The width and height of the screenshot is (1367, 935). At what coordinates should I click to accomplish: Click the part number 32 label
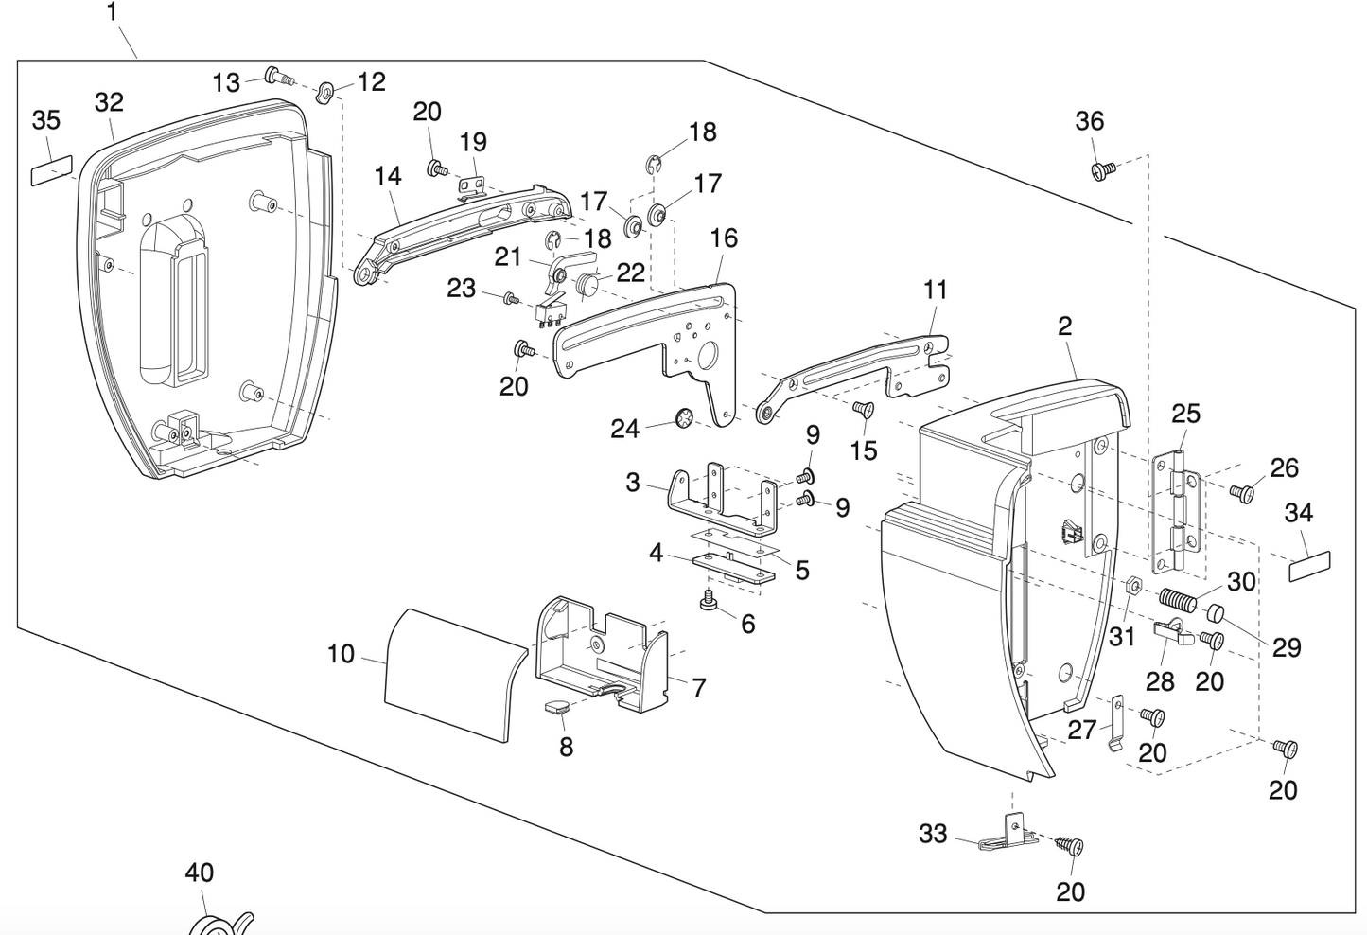coord(110,102)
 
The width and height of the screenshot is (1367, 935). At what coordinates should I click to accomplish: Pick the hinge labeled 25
coord(1179,511)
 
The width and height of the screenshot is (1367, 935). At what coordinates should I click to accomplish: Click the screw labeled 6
coord(707,601)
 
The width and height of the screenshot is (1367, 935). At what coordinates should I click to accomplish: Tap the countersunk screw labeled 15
coord(862,409)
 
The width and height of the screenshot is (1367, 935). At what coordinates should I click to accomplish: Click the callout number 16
coord(724,238)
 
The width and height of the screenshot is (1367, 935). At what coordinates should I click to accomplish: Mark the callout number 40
coord(199,872)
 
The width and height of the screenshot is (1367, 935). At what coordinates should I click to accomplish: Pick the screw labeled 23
coord(511,299)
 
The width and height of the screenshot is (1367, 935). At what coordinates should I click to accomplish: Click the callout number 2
coord(1065,326)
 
